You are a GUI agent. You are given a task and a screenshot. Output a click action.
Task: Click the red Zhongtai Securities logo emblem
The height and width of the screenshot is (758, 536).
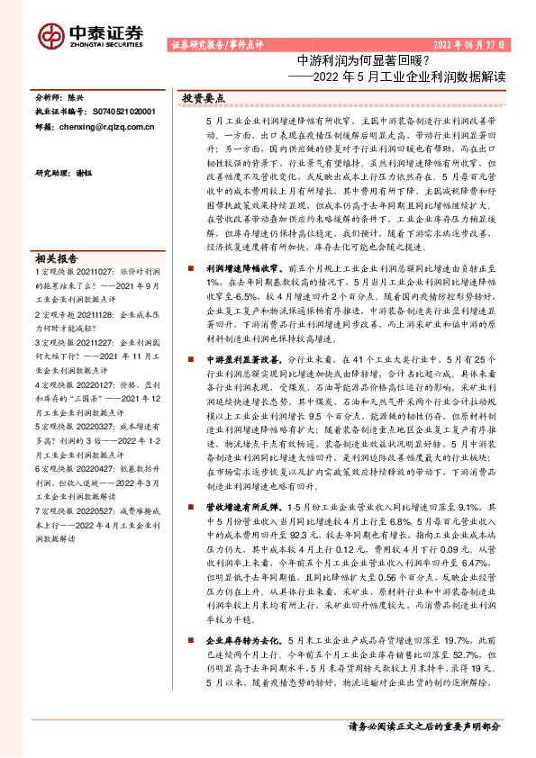click(x=50, y=35)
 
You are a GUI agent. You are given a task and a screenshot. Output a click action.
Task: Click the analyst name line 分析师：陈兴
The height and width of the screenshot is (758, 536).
click(x=59, y=95)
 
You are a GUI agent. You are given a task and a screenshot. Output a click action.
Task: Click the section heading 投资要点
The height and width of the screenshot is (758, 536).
click(x=204, y=97)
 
